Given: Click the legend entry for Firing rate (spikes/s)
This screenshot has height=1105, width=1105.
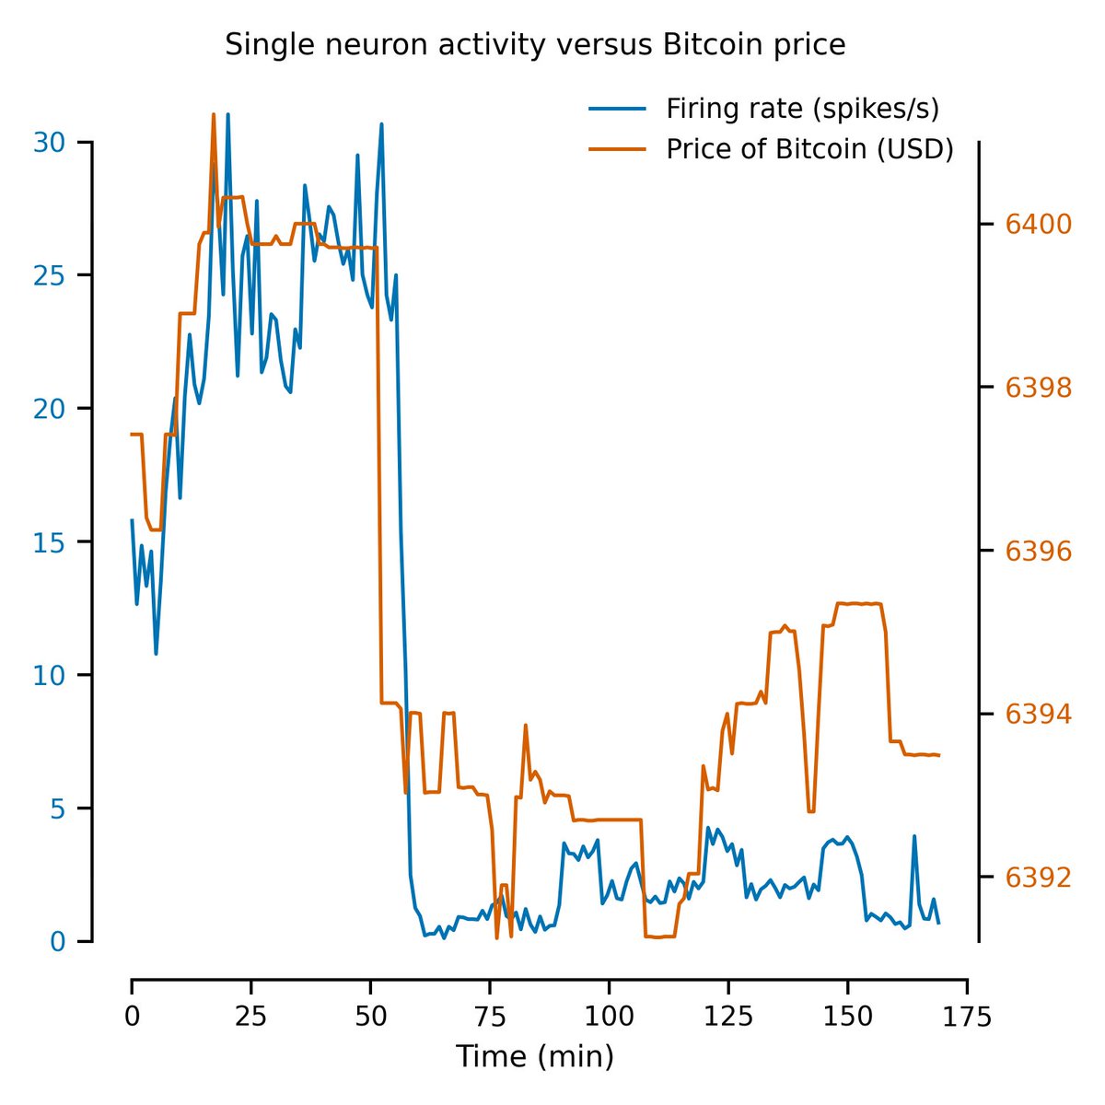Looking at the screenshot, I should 802,109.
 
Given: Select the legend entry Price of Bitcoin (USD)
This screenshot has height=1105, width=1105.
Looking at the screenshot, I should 809,149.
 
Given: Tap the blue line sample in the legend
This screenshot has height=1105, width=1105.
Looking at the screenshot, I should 616,109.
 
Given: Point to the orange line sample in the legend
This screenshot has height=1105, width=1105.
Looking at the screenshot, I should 616,149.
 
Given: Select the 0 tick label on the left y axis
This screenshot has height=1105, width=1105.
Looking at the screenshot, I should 55,941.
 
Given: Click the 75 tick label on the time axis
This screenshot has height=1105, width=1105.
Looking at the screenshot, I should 489,1017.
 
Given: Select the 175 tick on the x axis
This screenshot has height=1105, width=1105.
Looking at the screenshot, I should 966,1017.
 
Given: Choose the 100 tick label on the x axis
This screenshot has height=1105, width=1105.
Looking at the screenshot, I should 608,1017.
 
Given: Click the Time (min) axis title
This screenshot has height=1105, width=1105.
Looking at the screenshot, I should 535,1056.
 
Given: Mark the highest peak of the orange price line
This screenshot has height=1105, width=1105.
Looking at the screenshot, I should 214,115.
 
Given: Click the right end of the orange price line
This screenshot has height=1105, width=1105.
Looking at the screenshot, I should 938,755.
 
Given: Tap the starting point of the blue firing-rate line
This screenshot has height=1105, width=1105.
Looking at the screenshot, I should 132,520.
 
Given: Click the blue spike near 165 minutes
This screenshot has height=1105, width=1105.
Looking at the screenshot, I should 914,836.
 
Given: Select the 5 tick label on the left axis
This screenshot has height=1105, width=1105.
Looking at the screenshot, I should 55,808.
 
